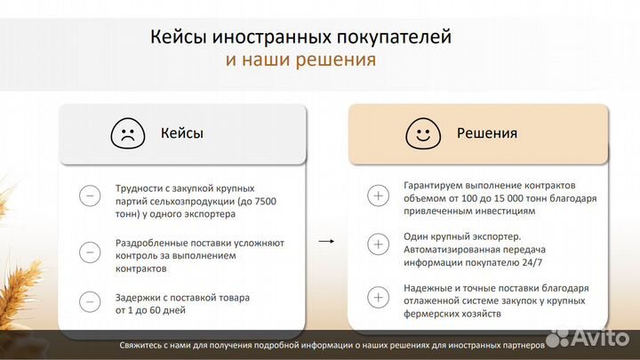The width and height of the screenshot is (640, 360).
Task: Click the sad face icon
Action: (127, 134)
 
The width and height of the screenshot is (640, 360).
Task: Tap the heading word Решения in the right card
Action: (486, 133)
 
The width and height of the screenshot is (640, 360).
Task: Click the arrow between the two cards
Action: (327, 241)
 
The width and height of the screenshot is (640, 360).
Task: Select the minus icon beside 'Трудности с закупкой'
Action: (90, 196)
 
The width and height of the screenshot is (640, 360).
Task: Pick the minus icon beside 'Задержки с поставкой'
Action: (90, 302)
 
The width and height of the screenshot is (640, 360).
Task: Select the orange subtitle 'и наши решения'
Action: (300, 60)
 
